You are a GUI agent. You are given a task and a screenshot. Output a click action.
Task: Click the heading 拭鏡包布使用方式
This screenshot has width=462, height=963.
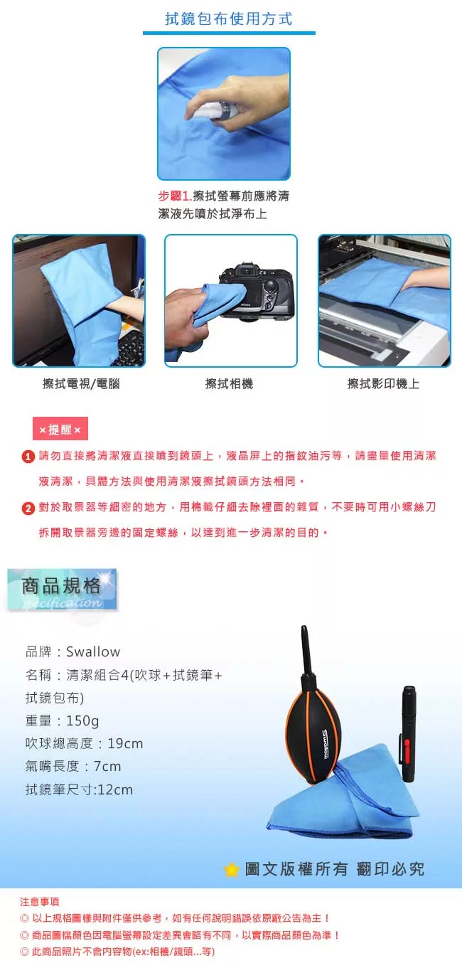point(229,19)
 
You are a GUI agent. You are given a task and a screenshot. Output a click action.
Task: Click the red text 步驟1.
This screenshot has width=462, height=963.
point(175,196)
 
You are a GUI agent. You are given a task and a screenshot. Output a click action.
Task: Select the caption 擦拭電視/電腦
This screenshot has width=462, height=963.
point(81,383)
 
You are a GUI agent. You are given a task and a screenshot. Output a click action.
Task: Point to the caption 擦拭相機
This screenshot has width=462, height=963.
point(229,383)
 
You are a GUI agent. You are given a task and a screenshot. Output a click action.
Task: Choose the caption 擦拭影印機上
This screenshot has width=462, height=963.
point(383,383)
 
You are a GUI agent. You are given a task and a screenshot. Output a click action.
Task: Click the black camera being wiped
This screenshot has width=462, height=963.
point(257,292)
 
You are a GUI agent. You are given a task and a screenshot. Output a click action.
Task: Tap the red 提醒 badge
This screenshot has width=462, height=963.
point(60,429)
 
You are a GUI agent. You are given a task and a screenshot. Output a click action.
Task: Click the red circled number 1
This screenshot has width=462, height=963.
point(28,457)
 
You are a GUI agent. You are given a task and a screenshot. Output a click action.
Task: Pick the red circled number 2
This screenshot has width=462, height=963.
point(28,508)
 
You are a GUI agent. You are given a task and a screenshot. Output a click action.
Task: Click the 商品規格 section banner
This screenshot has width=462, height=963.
point(62,590)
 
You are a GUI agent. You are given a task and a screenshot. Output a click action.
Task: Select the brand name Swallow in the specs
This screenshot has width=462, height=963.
point(93,651)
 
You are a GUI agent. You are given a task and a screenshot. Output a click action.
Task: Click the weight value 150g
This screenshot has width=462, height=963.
point(82,720)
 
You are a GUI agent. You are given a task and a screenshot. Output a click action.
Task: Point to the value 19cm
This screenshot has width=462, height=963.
point(125,743)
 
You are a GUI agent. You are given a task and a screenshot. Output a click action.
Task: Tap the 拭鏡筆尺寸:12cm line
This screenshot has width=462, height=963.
point(79,789)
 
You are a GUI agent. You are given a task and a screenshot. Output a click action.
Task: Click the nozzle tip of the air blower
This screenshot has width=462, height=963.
point(303,628)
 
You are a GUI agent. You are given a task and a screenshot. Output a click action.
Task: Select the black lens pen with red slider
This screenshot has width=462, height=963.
point(407,733)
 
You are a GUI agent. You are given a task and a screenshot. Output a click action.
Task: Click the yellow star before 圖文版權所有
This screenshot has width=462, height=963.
point(231,870)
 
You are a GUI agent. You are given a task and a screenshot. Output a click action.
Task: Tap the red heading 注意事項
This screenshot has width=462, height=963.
point(40,902)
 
